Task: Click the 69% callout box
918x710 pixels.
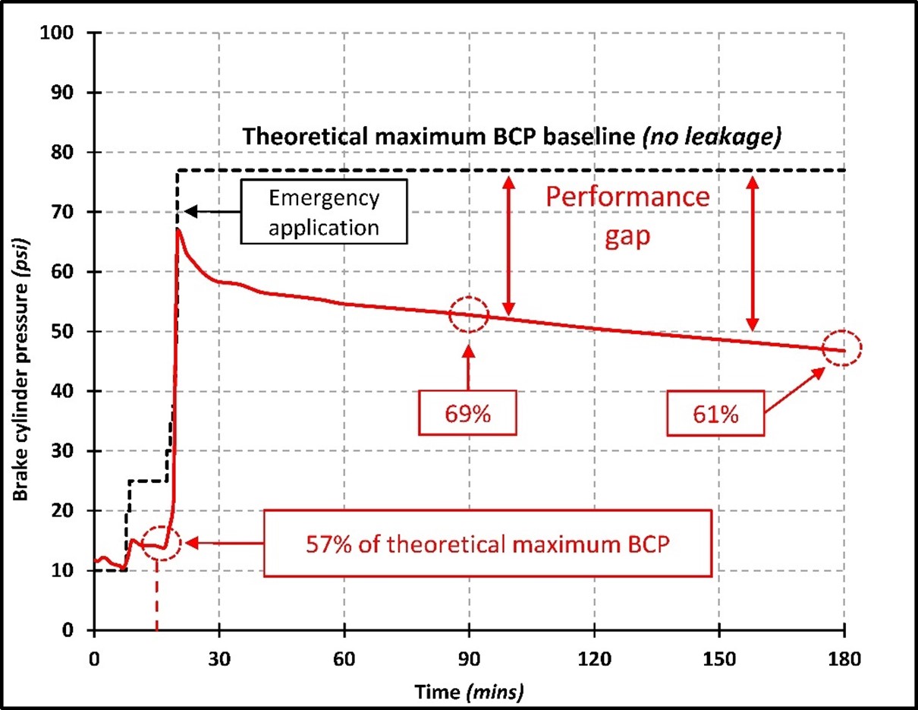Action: [x=469, y=413]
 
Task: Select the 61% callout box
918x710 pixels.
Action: [x=715, y=413]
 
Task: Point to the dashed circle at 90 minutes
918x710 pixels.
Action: [x=470, y=314]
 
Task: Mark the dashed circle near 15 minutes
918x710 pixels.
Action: [x=160, y=544]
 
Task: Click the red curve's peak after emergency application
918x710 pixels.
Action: [x=178, y=229]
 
